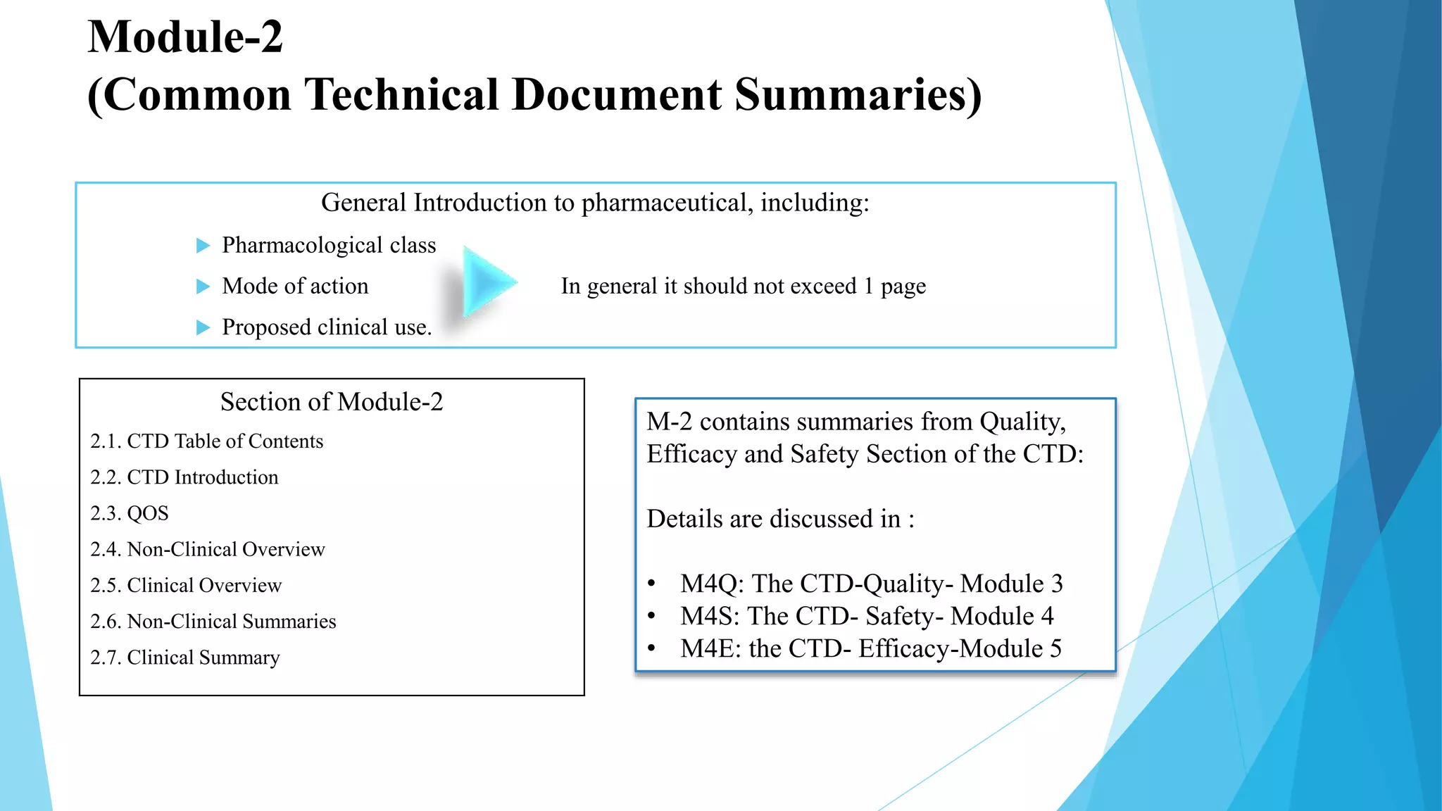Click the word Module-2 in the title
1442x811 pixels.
pyautogui.click(x=185, y=37)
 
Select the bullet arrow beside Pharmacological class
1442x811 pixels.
pyautogui.click(x=203, y=246)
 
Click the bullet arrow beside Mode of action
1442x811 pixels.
pyautogui.click(x=203, y=287)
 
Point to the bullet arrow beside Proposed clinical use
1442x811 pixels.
pyautogui.click(x=203, y=327)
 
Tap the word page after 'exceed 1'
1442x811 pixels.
pyautogui.click(x=903, y=287)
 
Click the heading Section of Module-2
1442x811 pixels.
pyautogui.click(x=332, y=402)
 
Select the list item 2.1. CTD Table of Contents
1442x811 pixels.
pyautogui.click(x=206, y=441)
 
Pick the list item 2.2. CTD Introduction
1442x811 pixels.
pyautogui.click(x=184, y=477)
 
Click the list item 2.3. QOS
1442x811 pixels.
pyautogui.click(x=130, y=513)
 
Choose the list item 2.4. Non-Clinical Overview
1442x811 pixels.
pyautogui.click(x=208, y=549)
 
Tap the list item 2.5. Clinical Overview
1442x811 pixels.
pyautogui.click(x=186, y=585)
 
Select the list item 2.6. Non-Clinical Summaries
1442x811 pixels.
pyautogui.click(x=213, y=622)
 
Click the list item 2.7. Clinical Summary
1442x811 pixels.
pyautogui.click(x=185, y=658)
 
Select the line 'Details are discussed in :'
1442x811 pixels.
pyautogui.click(x=780, y=519)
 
